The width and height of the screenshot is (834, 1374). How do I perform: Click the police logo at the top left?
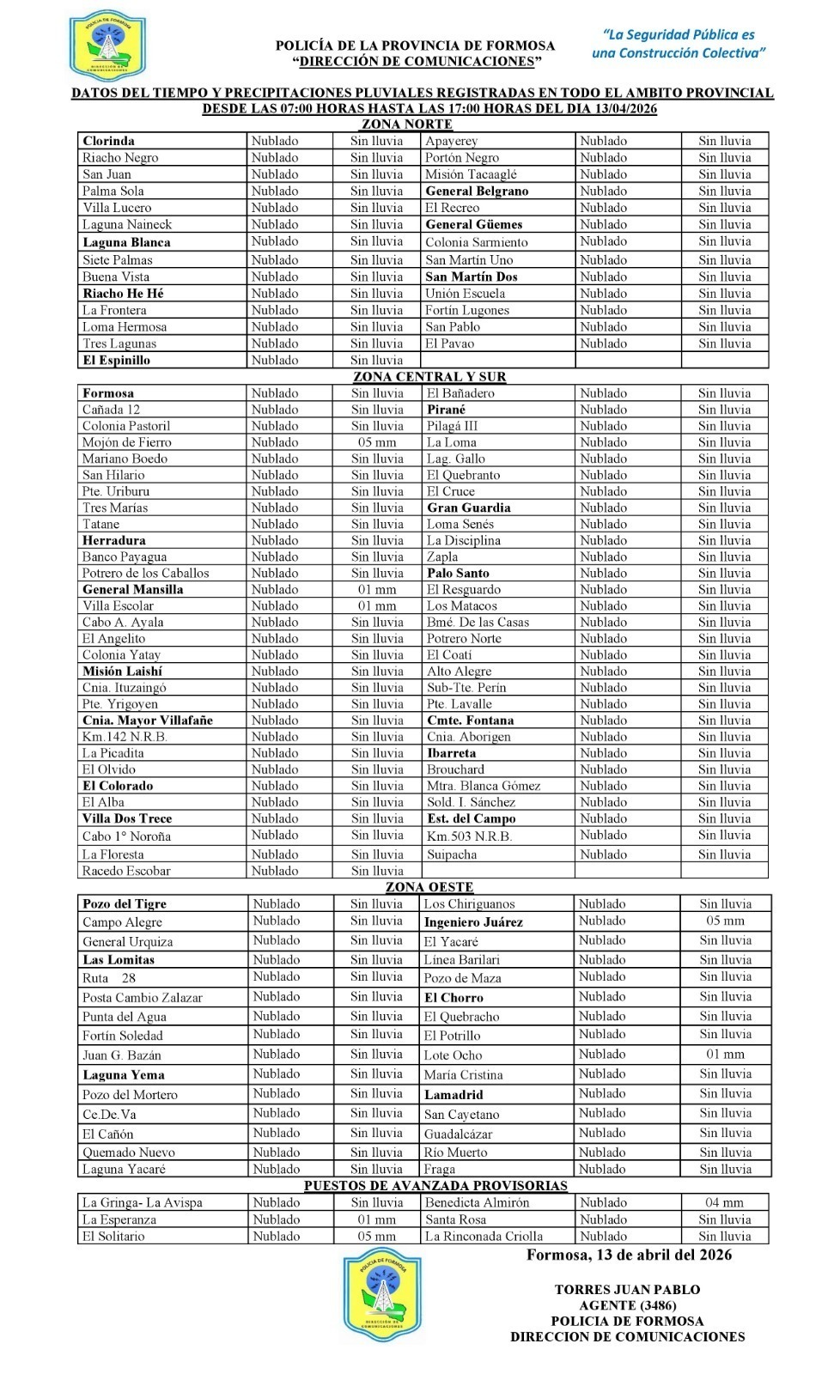tap(106, 44)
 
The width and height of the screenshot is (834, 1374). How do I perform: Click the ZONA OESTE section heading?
tap(429, 887)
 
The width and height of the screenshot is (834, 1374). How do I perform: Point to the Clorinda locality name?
tap(108, 141)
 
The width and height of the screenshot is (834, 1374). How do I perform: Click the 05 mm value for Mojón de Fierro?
tap(376, 442)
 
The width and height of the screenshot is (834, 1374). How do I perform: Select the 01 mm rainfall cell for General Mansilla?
tap(376, 590)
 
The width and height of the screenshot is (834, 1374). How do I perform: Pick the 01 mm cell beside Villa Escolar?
tap(376, 606)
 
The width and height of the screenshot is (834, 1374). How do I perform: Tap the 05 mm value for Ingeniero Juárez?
tap(725, 921)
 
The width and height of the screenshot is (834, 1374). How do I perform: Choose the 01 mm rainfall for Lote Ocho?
tap(725, 1055)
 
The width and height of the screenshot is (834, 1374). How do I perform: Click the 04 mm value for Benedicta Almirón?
tap(725, 1203)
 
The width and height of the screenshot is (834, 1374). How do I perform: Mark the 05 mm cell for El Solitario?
tap(376, 1237)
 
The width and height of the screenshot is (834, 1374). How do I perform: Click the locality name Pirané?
tap(446, 410)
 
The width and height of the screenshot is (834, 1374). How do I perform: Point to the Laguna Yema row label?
tap(124, 1075)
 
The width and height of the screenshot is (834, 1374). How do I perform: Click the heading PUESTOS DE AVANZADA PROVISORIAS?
tap(435, 1186)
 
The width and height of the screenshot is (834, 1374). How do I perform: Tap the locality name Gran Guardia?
tap(468, 508)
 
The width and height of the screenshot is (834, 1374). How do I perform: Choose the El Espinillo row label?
tap(116, 361)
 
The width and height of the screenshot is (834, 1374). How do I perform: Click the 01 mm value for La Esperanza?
tap(376, 1219)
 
